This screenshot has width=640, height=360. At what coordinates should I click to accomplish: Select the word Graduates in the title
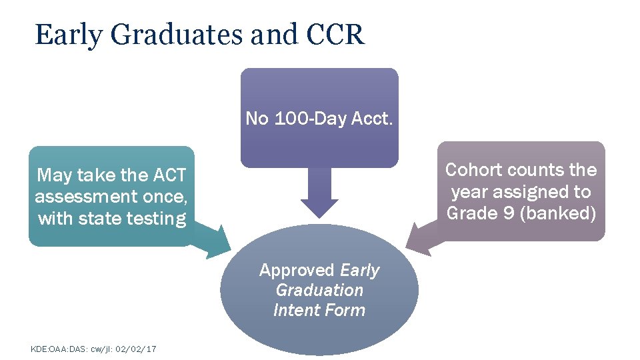click(175, 35)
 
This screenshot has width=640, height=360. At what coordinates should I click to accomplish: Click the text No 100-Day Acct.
click(319, 119)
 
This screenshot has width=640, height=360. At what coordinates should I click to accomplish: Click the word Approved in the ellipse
click(297, 270)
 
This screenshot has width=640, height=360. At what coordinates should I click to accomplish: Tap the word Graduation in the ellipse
click(319, 290)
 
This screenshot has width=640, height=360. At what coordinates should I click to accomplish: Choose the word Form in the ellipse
click(347, 310)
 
